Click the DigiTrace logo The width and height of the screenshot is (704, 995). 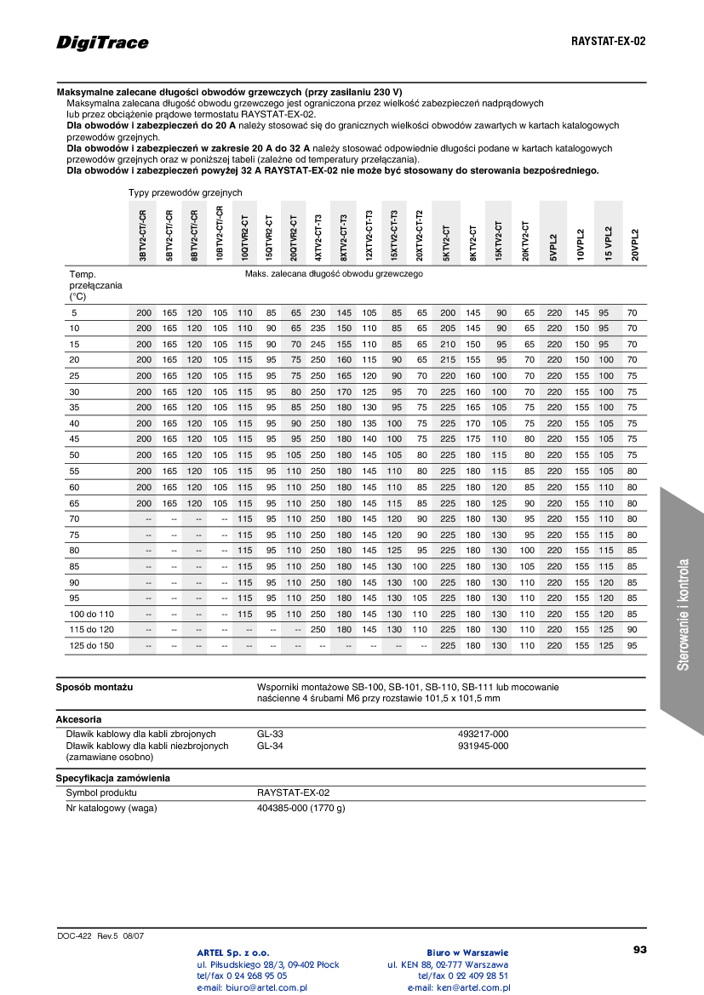coord(102,42)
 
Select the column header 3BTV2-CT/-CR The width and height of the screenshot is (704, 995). coord(143,235)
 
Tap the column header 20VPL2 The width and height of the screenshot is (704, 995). coord(634,244)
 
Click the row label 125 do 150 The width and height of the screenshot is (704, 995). coord(91,645)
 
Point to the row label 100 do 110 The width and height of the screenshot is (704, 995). coord(91,614)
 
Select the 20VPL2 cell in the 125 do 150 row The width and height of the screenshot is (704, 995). coord(632,645)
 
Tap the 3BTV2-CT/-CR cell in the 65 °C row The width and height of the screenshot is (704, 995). coord(144,503)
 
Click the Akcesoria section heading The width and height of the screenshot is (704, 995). coord(79,719)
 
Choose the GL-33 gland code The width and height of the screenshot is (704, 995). coord(270,734)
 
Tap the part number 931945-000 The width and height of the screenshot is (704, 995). coord(483,746)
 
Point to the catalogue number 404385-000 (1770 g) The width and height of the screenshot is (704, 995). coord(300,808)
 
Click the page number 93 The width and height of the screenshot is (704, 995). coord(640,949)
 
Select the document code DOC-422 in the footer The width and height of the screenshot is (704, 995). coord(74,935)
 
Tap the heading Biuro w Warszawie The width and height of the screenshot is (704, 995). coord(467,952)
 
